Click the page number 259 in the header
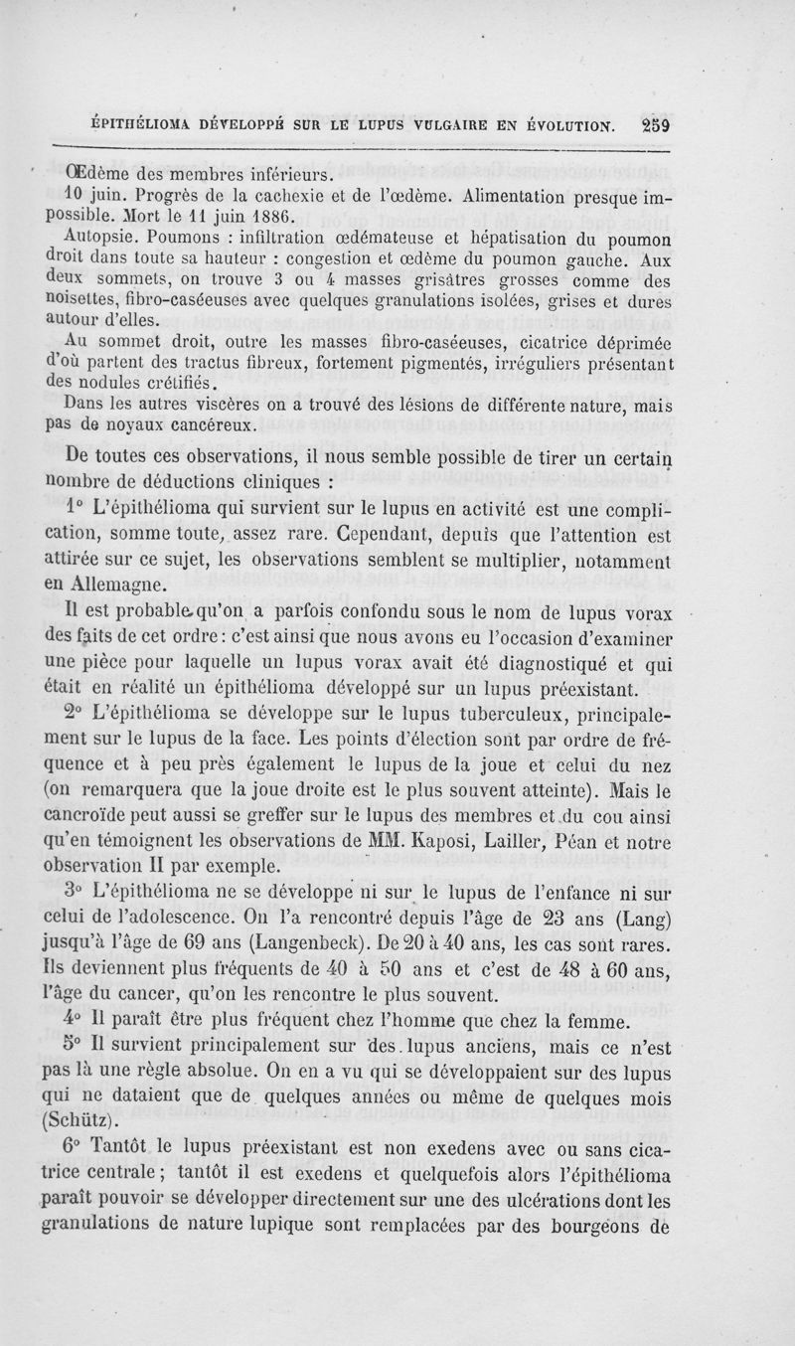(x=658, y=126)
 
